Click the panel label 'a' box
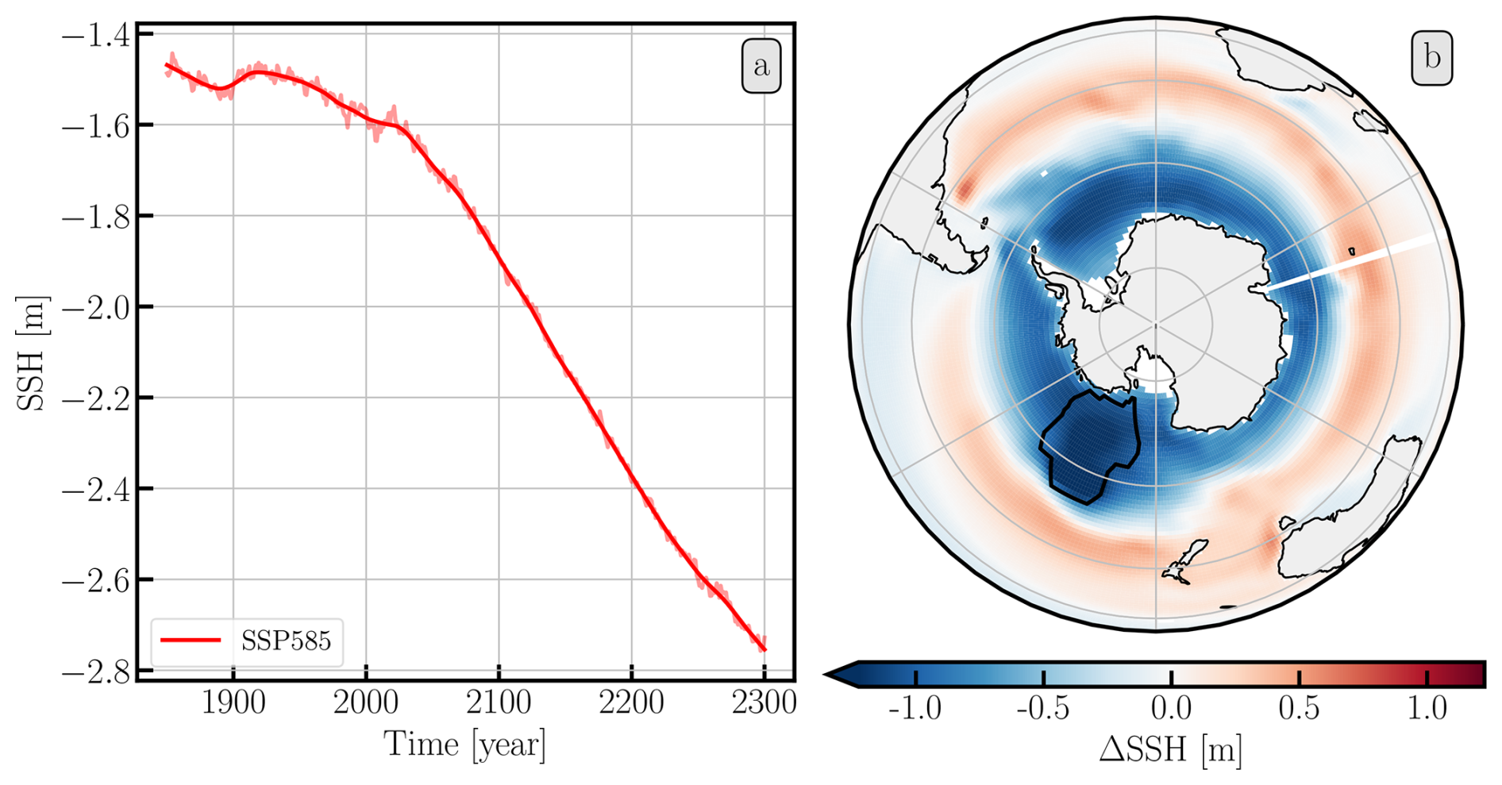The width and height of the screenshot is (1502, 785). pos(761,66)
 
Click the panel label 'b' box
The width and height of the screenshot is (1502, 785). pos(1432,58)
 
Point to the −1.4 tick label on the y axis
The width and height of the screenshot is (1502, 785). pos(93,34)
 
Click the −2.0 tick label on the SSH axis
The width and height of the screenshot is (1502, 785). pos(93,307)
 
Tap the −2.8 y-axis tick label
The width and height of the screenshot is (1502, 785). pos(93,671)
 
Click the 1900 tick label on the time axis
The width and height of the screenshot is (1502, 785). pos(233,703)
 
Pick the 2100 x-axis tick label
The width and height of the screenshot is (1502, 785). pos(499,703)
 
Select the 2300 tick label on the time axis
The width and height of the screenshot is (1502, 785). pos(764,703)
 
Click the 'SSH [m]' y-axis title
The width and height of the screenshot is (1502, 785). pos(32,352)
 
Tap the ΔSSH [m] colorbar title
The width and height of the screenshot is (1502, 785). pos(1171,750)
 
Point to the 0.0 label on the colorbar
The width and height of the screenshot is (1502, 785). pos(1171,708)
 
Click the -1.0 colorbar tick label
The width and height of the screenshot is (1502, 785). pos(915,708)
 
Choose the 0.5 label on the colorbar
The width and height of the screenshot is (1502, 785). pos(1299,708)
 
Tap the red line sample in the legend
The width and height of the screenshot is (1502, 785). pos(191,641)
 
